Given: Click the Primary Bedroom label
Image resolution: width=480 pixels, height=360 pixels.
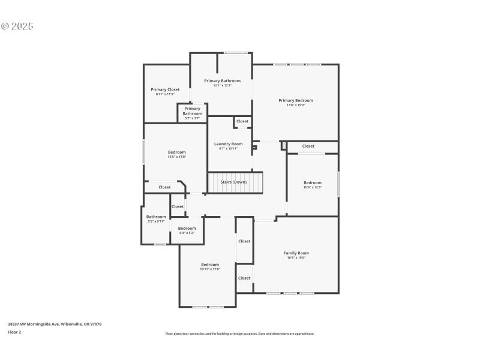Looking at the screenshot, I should click(x=295, y=100).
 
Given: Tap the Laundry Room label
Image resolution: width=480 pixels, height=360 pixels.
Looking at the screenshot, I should click(x=228, y=144).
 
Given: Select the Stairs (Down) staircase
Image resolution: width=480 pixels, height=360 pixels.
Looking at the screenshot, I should click(x=235, y=182).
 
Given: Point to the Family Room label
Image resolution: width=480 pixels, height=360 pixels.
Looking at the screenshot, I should click(x=296, y=253).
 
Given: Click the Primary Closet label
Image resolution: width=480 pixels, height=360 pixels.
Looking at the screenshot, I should click(x=165, y=89).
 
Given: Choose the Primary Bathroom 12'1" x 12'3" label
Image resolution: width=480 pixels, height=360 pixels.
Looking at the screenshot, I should click(x=222, y=81).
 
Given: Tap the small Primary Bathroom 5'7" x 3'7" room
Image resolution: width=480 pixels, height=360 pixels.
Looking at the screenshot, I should click(x=192, y=113).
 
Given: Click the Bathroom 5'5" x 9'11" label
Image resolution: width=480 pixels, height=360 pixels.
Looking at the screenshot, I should click(x=156, y=217).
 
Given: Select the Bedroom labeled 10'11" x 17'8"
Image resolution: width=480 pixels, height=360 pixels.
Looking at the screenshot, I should click(x=210, y=265).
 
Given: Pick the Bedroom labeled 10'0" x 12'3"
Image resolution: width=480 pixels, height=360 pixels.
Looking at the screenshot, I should click(x=312, y=183).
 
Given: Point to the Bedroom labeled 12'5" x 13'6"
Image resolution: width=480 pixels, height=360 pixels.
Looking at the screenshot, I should click(x=176, y=152).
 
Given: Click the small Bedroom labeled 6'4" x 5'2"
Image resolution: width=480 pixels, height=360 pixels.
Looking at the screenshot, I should click(x=187, y=229).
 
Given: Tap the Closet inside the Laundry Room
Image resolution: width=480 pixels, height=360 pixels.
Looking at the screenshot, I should click(x=242, y=121).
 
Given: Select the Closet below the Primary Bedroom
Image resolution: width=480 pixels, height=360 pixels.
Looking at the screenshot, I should click(x=308, y=146).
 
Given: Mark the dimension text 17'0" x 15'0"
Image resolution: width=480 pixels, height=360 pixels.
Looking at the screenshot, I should click(x=295, y=105).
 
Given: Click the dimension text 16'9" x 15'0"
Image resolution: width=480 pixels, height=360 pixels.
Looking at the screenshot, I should click(x=296, y=258).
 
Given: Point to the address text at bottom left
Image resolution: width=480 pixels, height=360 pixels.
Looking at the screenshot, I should click(x=55, y=324).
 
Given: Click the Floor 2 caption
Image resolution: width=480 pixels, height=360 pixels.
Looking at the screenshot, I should click(x=14, y=332).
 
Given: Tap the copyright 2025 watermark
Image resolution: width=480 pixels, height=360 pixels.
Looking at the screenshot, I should click(x=17, y=26).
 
